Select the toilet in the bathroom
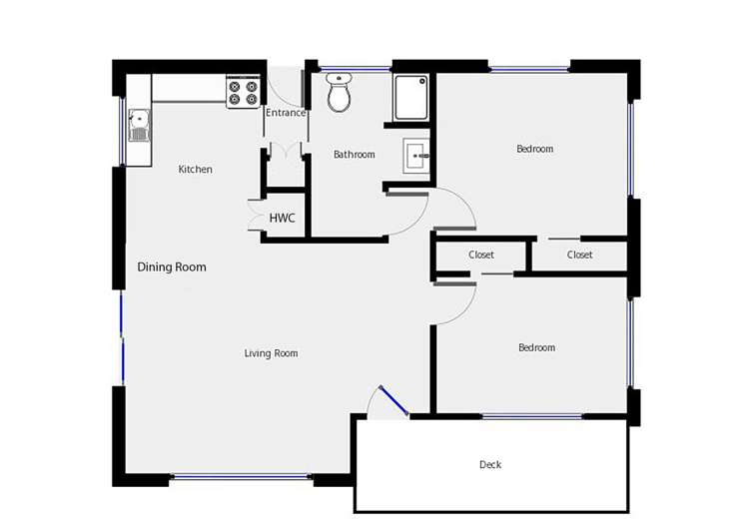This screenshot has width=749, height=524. [341, 93]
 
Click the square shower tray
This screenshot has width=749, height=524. [409, 97]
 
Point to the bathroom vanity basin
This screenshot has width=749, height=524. [416, 156]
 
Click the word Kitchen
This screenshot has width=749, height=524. [195, 170]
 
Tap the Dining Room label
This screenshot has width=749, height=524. [172, 267]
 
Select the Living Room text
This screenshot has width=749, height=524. [271, 353]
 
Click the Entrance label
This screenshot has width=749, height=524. [285, 113]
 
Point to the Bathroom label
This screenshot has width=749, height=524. [354, 155]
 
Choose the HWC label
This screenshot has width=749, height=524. [282, 219]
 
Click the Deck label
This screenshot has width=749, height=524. [489, 465]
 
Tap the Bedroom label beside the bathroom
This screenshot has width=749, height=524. [534, 150]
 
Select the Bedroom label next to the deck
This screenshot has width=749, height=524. [536, 348]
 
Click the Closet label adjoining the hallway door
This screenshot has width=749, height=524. [481, 256]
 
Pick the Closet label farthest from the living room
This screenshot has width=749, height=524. [579, 256]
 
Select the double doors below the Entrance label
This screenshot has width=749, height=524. [284, 151]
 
